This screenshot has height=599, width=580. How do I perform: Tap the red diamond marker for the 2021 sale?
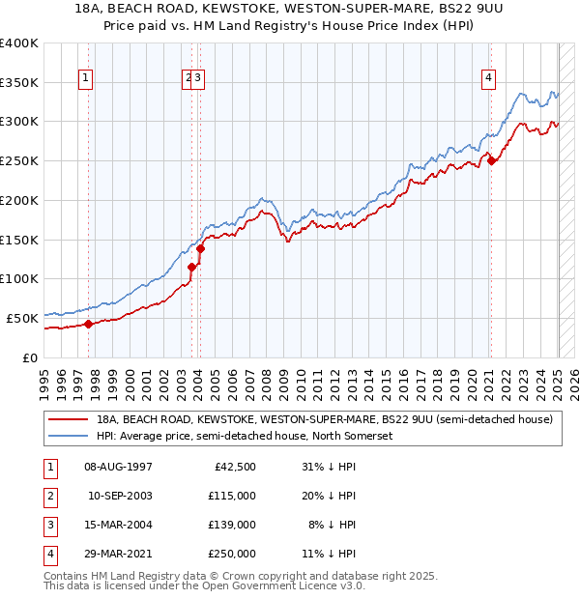(491, 161)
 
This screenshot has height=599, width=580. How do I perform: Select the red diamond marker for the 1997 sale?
(88, 324)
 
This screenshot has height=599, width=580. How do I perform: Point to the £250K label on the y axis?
(19, 160)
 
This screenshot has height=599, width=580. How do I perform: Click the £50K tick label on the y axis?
(23, 318)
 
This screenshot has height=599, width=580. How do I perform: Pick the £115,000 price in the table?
(232, 496)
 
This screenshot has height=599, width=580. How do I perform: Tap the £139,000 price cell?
(232, 525)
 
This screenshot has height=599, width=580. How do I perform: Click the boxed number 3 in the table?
(47, 525)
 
